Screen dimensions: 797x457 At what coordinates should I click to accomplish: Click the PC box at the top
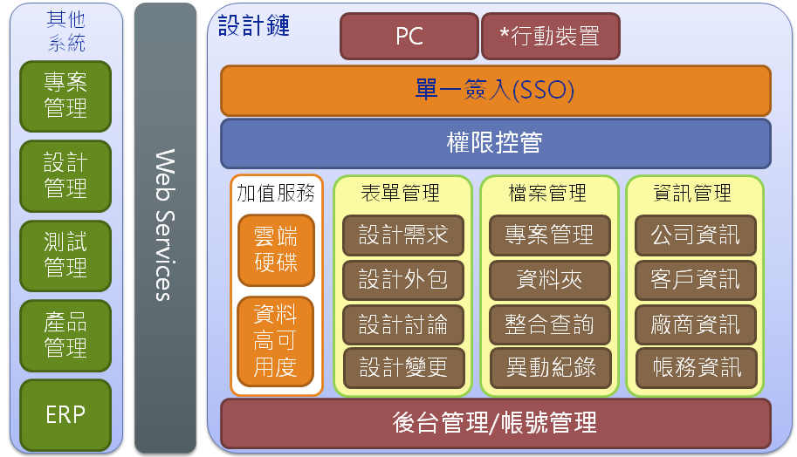click(x=409, y=36)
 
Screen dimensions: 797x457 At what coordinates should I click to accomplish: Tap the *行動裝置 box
click(x=551, y=36)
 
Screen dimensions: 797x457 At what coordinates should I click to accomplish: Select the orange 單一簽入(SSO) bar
click(x=496, y=91)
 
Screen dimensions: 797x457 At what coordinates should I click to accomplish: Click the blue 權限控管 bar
click(x=496, y=143)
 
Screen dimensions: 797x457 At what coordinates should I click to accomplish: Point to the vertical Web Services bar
click(x=165, y=228)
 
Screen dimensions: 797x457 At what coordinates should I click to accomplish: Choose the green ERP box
click(x=65, y=415)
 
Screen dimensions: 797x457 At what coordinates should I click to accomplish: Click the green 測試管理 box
click(x=65, y=256)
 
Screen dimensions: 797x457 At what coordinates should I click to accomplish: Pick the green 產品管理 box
click(x=65, y=335)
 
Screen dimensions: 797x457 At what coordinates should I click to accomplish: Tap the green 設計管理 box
click(x=65, y=175)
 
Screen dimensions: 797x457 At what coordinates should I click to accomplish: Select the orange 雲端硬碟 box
click(x=276, y=250)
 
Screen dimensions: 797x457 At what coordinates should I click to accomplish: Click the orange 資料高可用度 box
click(x=276, y=341)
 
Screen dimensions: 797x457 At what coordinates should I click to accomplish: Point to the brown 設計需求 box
click(x=403, y=235)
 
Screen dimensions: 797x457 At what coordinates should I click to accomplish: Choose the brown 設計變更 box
click(x=403, y=368)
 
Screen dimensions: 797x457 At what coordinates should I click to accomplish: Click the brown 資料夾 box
click(x=549, y=280)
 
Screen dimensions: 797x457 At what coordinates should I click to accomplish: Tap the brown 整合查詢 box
click(x=549, y=324)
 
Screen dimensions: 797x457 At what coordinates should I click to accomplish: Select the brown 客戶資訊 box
click(x=696, y=280)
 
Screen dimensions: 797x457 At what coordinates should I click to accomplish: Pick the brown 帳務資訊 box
click(x=697, y=368)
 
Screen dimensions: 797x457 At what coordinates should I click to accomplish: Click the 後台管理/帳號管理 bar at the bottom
click(x=496, y=423)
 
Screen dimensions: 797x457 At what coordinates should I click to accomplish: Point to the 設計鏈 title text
click(x=254, y=25)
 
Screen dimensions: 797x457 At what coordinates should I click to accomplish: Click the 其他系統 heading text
click(x=66, y=31)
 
